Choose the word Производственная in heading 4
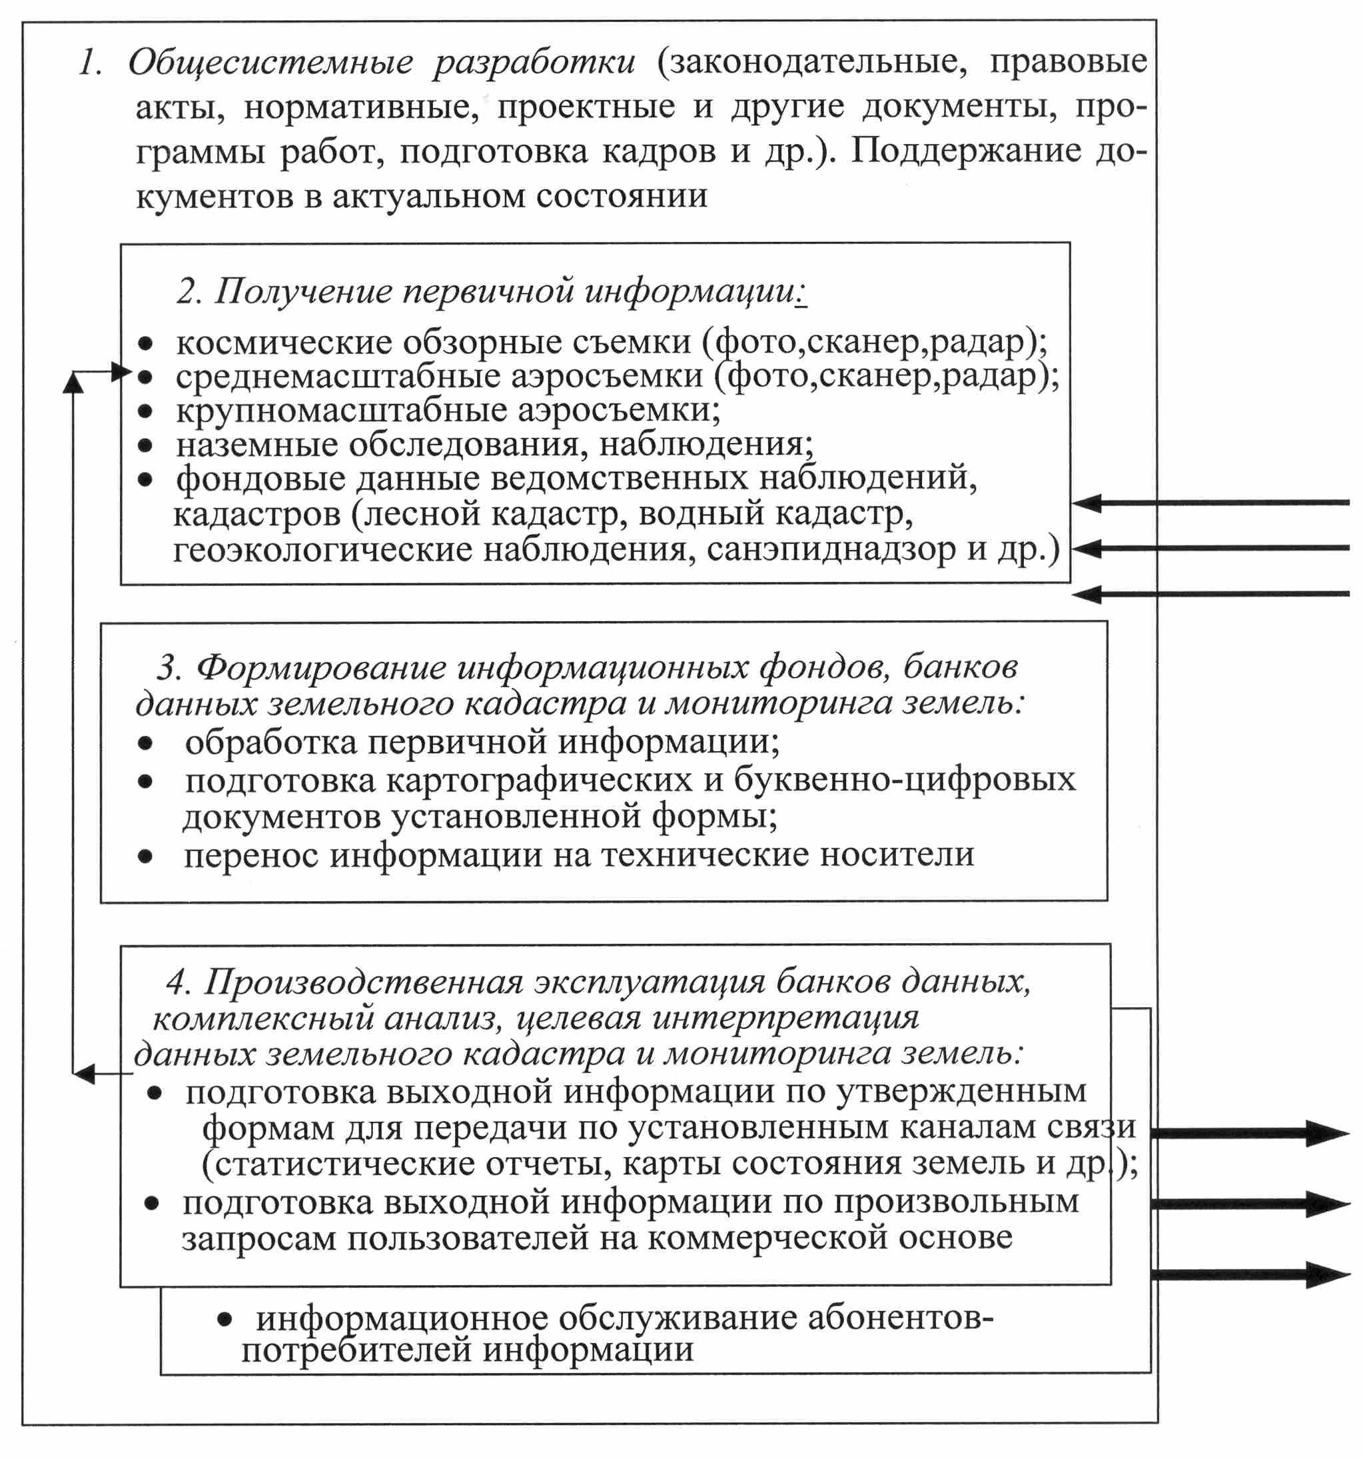tap(363, 981)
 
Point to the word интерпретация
tap(785, 1017)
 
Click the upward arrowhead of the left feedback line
tap(73, 383)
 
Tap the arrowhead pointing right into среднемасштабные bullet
tap(122, 371)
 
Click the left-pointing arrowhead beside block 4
tap(85, 1074)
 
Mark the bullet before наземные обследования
tap(146, 445)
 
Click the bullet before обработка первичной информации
tap(146, 743)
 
